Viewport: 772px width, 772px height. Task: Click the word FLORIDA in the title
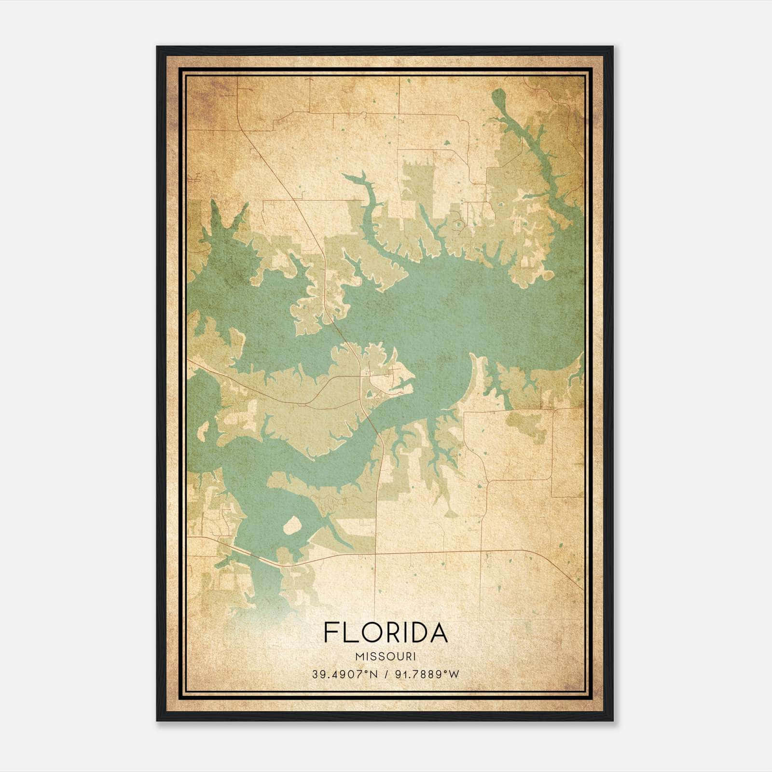[386, 632]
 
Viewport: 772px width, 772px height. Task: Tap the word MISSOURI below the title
[386, 657]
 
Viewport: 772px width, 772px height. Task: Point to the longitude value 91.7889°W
[427, 675]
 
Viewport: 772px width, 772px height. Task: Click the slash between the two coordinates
[386, 675]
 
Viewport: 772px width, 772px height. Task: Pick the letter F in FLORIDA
[331, 632]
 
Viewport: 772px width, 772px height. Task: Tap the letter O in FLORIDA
[369, 632]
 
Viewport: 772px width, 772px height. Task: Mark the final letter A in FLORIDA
[438, 632]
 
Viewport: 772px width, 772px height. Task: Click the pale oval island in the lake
[292, 525]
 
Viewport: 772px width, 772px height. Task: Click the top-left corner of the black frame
[158, 47]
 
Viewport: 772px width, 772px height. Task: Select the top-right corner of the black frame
[612, 47]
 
